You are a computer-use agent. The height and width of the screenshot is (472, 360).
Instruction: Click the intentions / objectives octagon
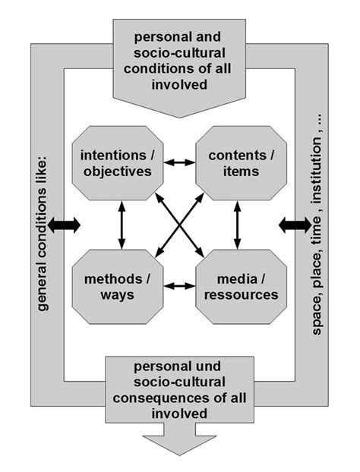point(118,162)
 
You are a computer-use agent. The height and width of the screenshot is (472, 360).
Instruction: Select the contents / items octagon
point(241,162)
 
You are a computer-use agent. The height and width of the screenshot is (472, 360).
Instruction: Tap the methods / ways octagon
point(118,285)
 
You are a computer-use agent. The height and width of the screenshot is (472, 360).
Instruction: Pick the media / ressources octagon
point(241,285)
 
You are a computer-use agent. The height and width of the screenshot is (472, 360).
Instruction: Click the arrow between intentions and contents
point(179,162)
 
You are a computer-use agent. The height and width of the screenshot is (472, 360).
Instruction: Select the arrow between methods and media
point(179,286)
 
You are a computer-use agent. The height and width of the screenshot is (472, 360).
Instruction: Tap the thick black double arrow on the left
point(64,225)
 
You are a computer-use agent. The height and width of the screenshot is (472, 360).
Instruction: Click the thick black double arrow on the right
point(295,225)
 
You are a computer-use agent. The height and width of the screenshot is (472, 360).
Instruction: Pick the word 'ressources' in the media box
point(241,294)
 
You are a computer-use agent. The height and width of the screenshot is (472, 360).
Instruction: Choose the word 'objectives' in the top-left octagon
point(118,171)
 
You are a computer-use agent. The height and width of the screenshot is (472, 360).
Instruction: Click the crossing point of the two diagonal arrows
point(179,224)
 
